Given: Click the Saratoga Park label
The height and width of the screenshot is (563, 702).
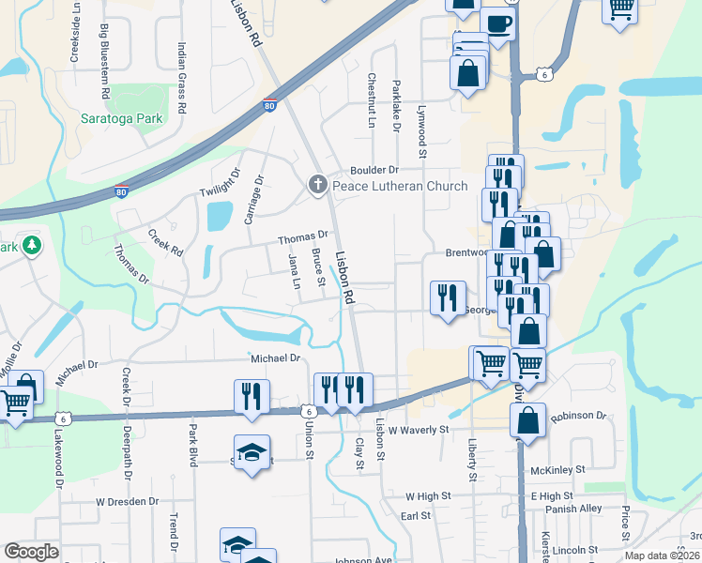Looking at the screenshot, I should (x=121, y=118).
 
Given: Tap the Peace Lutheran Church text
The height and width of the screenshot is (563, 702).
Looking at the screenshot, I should (x=400, y=186).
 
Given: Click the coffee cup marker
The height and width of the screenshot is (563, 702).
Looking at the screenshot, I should (x=497, y=23).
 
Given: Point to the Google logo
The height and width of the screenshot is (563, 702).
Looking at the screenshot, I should (x=31, y=552).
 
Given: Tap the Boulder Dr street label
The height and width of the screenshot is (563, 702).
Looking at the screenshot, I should (x=375, y=170).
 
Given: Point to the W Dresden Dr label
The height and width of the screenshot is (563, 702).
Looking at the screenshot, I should (x=128, y=501).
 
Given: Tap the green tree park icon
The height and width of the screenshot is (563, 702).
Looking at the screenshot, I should (x=33, y=246).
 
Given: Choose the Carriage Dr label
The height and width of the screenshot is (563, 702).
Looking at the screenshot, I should (x=252, y=199).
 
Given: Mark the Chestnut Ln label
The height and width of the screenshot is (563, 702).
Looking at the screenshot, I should (x=373, y=101).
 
